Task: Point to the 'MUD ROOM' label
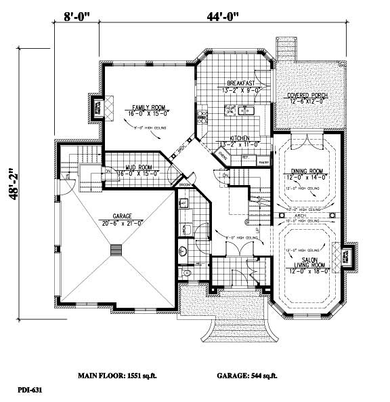135,167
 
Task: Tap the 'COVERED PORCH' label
307,96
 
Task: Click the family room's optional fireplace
94,107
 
